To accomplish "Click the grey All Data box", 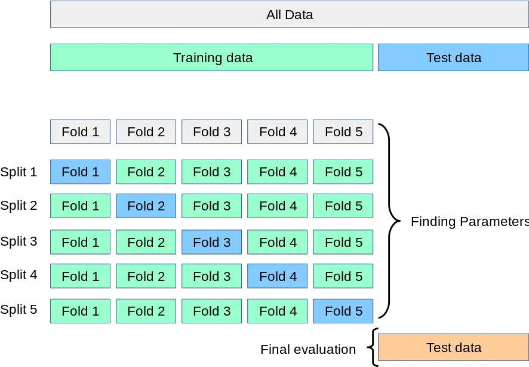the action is coord(290,14).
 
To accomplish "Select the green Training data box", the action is coord(211,57).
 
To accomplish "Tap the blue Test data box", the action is coord(453,57).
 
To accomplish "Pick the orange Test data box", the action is coord(453,347).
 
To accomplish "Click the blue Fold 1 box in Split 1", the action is coord(80,172).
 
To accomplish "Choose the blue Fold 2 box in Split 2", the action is coord(146,206).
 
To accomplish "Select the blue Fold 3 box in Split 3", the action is coord(211,242).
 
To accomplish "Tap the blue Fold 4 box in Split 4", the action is coord(277,276).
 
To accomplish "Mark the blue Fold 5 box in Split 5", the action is coord(343,311).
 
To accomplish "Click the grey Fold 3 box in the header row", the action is coord(211,131).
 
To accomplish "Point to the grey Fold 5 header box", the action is coord(343,131).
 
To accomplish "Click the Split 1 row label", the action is coord(19,172).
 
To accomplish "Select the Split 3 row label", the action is coord(19,241).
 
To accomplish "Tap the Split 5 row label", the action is coord(19,310).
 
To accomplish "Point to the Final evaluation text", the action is coord(308,350).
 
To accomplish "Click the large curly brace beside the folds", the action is coord(390,221).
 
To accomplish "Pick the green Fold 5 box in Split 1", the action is coord(343,172).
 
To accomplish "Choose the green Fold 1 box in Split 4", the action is coord(80,276).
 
